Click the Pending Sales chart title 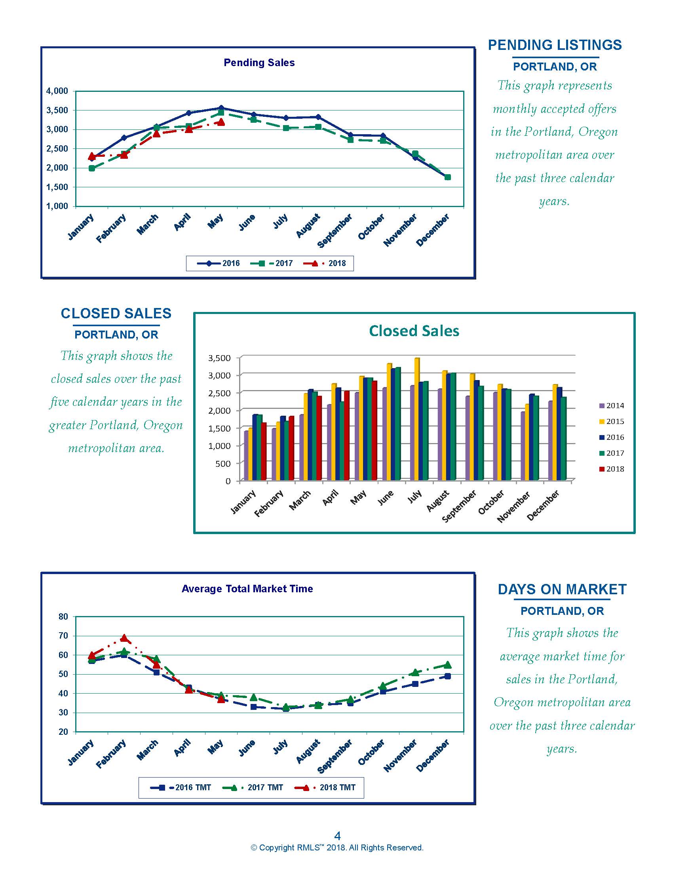tap(259, 63)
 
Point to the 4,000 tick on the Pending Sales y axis tap(57, 91)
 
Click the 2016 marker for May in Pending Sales tap(221, 108)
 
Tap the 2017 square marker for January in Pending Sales tap(92, 168)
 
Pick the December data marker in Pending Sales tap(447, 177)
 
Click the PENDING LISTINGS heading tap(555, 45)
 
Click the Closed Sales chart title tap(414, 331)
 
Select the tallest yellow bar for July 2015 tap(417, 419)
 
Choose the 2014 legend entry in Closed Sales tap(612, 405)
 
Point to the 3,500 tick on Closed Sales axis tap(219, 358)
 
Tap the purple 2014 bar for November tap(523, 446)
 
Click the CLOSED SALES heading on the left tap(116, 314)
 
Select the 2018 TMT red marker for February tap(124, 638)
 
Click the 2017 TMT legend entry tap(253, 787)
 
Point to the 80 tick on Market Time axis tap(63, 616)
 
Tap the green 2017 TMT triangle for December tap(447, 665)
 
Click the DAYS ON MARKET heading tap(562, 590)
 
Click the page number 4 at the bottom tap(337, 836)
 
